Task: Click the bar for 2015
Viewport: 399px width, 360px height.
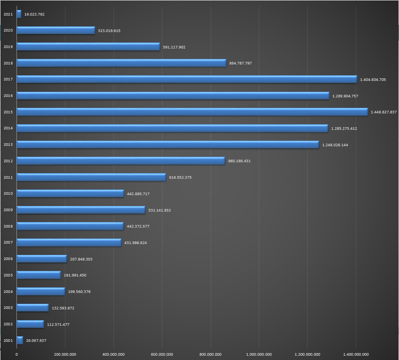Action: click(192, 112)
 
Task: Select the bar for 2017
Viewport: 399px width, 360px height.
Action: click(187, 79)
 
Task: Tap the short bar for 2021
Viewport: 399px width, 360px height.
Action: click(19, 14)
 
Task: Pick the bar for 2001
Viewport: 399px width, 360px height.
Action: click(20, 340)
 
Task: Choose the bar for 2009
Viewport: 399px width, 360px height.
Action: click(81, 210)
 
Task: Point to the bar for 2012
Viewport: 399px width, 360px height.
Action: click(120, 161)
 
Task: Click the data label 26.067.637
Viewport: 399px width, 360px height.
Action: click(36, 341)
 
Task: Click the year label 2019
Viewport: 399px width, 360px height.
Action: click(8, 47)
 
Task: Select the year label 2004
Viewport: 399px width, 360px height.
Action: click(8, 291)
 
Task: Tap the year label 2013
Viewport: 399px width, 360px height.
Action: click(8, 145)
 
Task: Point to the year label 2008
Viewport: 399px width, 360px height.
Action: click(8, 226)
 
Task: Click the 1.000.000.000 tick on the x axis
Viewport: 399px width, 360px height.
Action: click(259, 355)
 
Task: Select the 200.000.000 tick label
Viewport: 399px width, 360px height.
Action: click(65, 355)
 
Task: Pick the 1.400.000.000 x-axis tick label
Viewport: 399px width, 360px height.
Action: click(356, 355)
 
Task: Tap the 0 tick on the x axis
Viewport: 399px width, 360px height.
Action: click(16, 355)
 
